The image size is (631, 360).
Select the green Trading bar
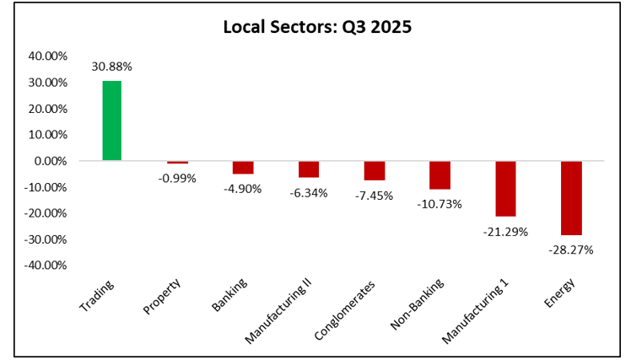click(x=111, y=121)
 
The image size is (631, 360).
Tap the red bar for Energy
click(x=571, y=197)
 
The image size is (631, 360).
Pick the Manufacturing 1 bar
click(x=505, y=188)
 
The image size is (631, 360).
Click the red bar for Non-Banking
click(x=440, y=175)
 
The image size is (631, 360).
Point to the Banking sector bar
click(x=243, y=167)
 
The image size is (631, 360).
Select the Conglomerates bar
click(x=375, y=170)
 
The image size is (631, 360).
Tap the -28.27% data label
click(x=571, y=250)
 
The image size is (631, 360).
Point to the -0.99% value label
click(x=177, y=178)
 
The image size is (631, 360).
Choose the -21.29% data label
click(x=505, y=231)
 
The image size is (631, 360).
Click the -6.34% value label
click(x=309, y=192)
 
